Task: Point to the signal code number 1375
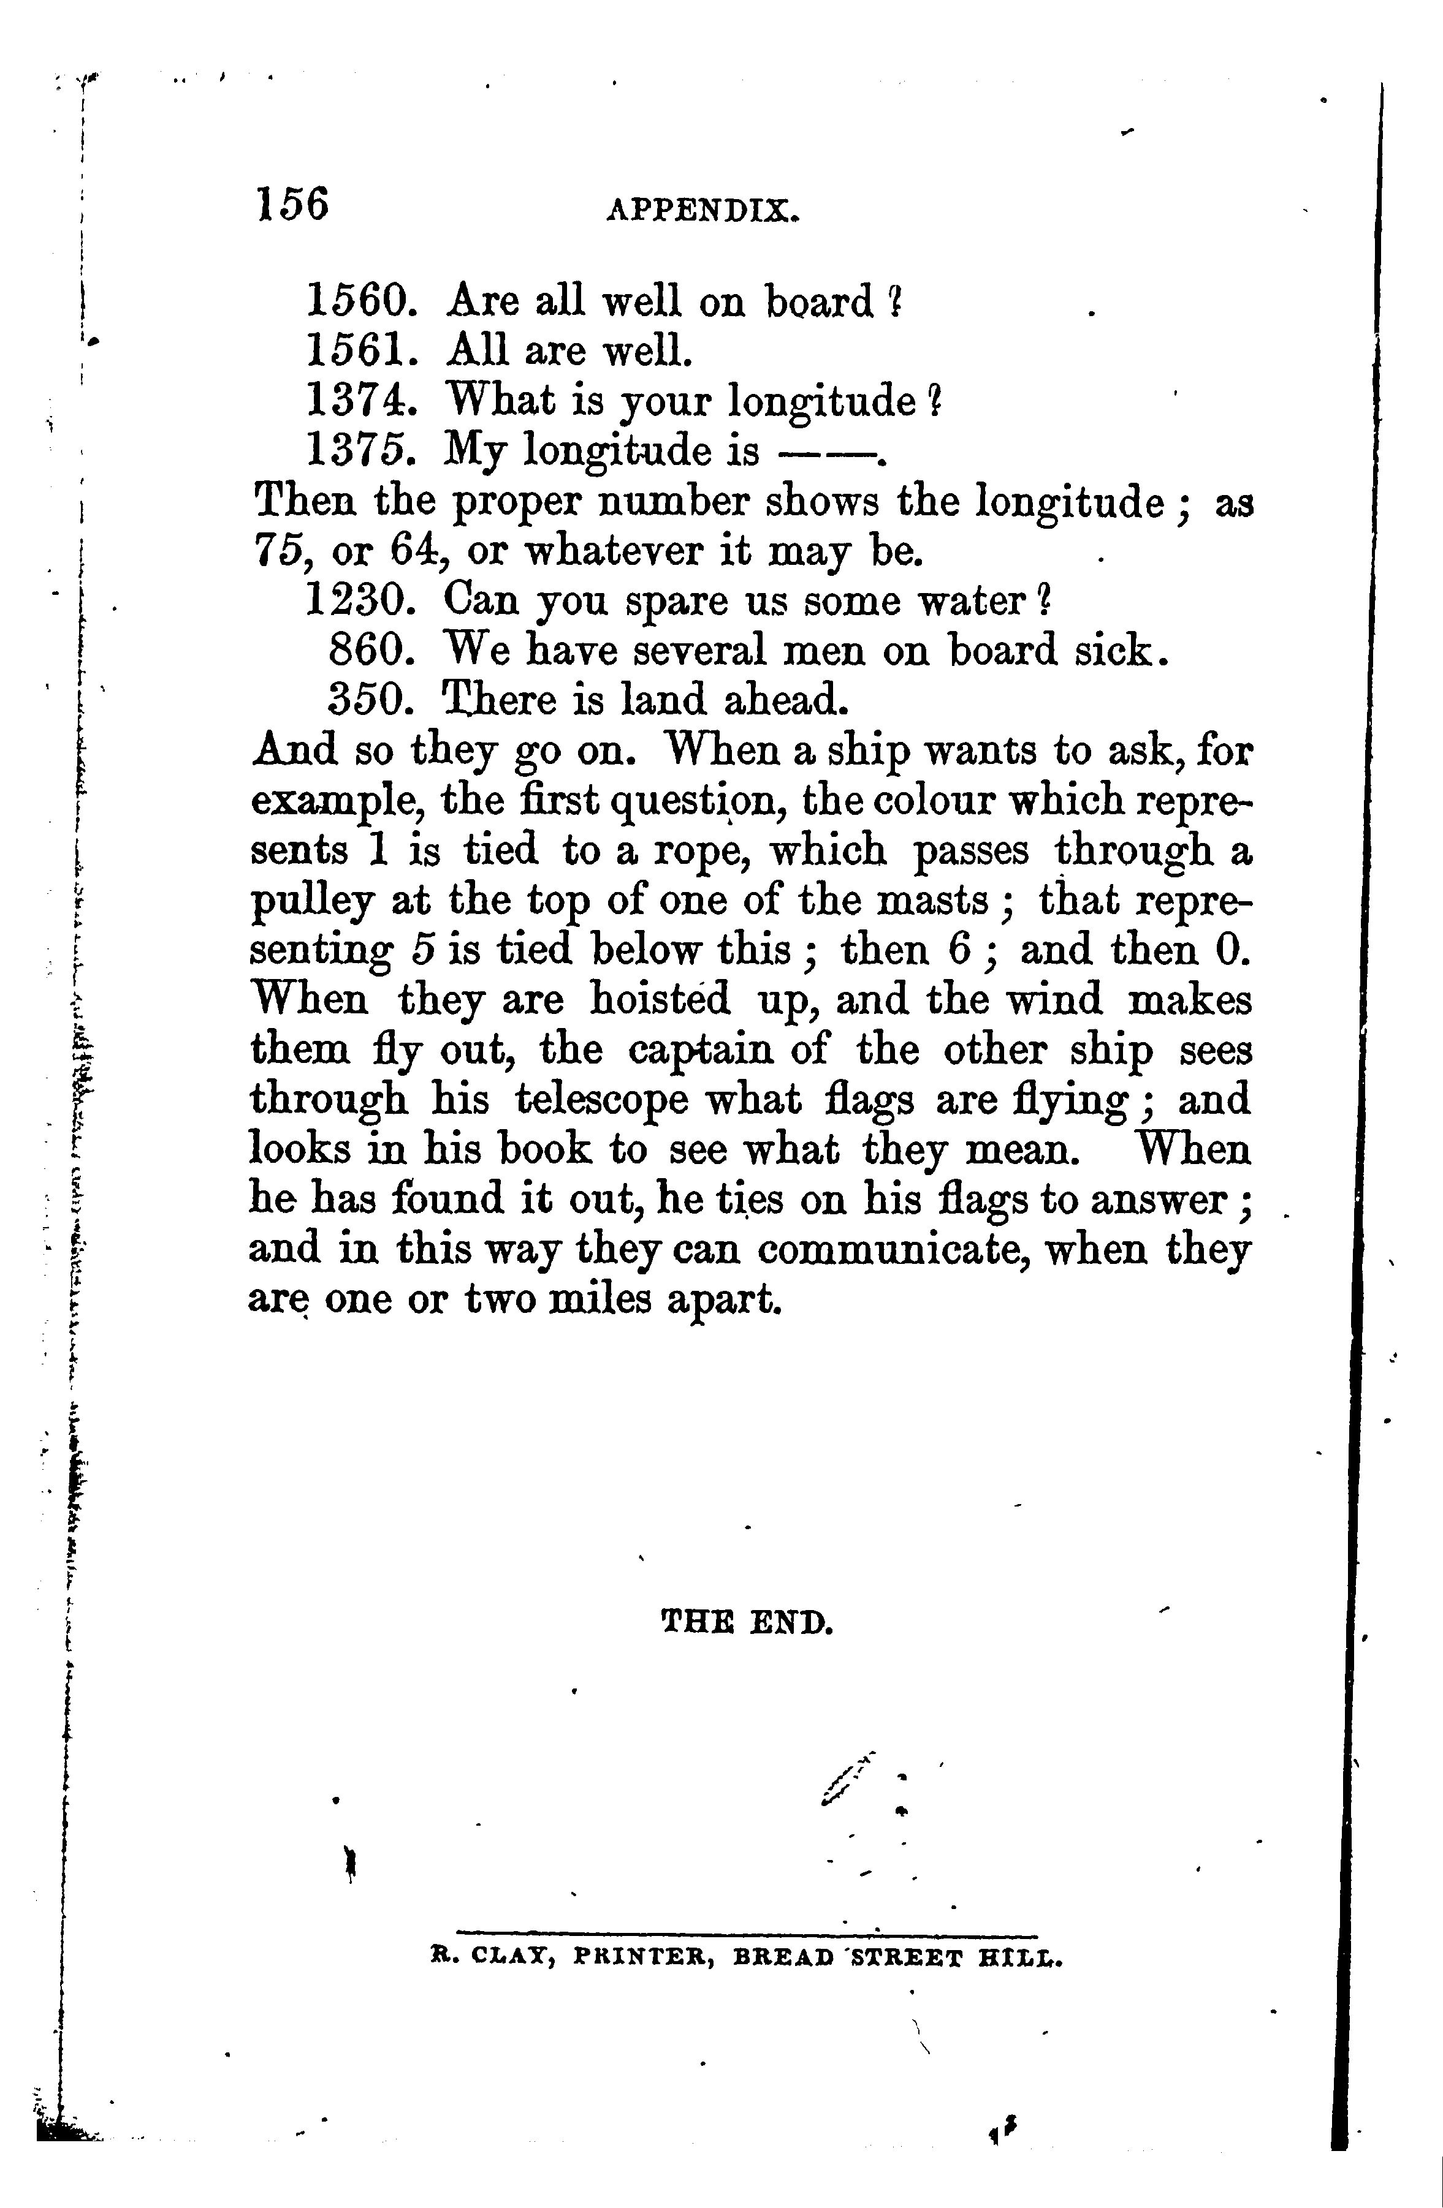pyautogui.click(x=357, y=451)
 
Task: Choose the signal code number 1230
pyautogui.click(x=357, y=600)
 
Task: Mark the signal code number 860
pyautogui.click(x=370, y=651)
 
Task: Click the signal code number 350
pyautogui.click(x=370, y=700)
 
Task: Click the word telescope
pyautogui.click(x=602, y=1101)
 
